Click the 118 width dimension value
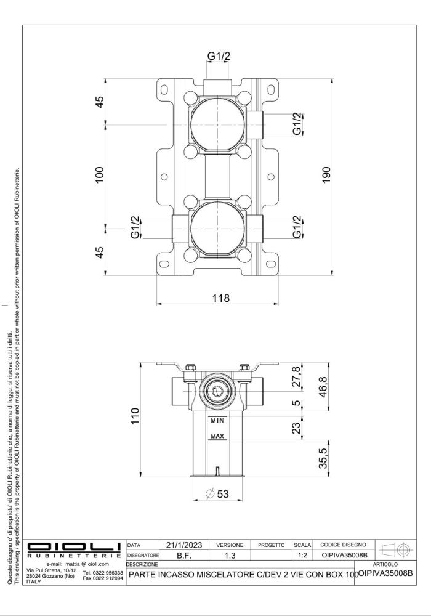click(220, 298)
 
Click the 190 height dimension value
click(326, 174)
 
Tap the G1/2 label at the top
click(218, 57)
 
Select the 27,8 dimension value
click(297, 378)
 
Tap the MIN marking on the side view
click(217, 421)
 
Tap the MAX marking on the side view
click(217, 437)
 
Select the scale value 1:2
click(302, 555)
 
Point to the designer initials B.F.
click(183, 555)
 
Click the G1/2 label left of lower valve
click(135, 228)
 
